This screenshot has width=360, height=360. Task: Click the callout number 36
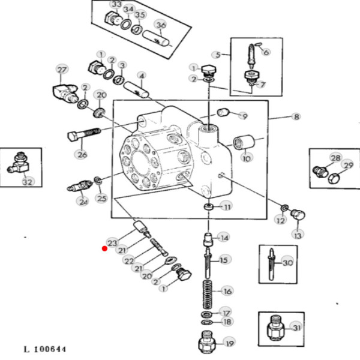click(x=160, y=25)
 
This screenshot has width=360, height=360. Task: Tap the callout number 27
click(x=62, y=70)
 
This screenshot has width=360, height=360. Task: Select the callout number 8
click(x=296, y=116)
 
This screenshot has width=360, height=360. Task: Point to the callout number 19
click(x=229, y=344)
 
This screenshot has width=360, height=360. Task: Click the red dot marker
click(x=104, y=247)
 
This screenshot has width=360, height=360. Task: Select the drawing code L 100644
click(x=45, y=349)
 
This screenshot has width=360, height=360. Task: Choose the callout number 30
click(x=288, y=263)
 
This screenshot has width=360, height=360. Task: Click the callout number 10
click(x=247, y=158)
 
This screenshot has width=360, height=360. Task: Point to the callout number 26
click(x=82, y=155)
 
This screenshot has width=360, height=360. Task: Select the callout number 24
click(x=82, y=202)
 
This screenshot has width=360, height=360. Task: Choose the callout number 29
click(x=347, y=164)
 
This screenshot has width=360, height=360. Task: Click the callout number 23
click(x=112, y=242)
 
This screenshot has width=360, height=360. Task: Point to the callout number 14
click(x=223, y=238)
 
